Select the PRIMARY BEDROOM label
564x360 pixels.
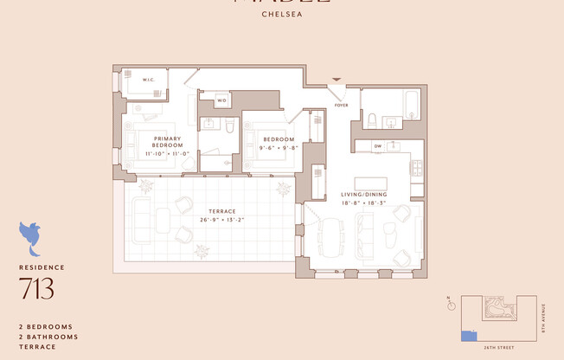click(166, 142)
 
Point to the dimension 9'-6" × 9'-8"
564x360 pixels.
click(279, 148)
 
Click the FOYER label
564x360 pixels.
click(342, 106)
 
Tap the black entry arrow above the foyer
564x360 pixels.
click(337, 80)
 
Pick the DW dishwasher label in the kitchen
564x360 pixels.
click(378, 146)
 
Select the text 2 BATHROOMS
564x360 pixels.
click(48, 337)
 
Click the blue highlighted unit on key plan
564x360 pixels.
click(468, 335)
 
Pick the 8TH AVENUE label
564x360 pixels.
click(544, 317)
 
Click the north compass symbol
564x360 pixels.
click(450, 305)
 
